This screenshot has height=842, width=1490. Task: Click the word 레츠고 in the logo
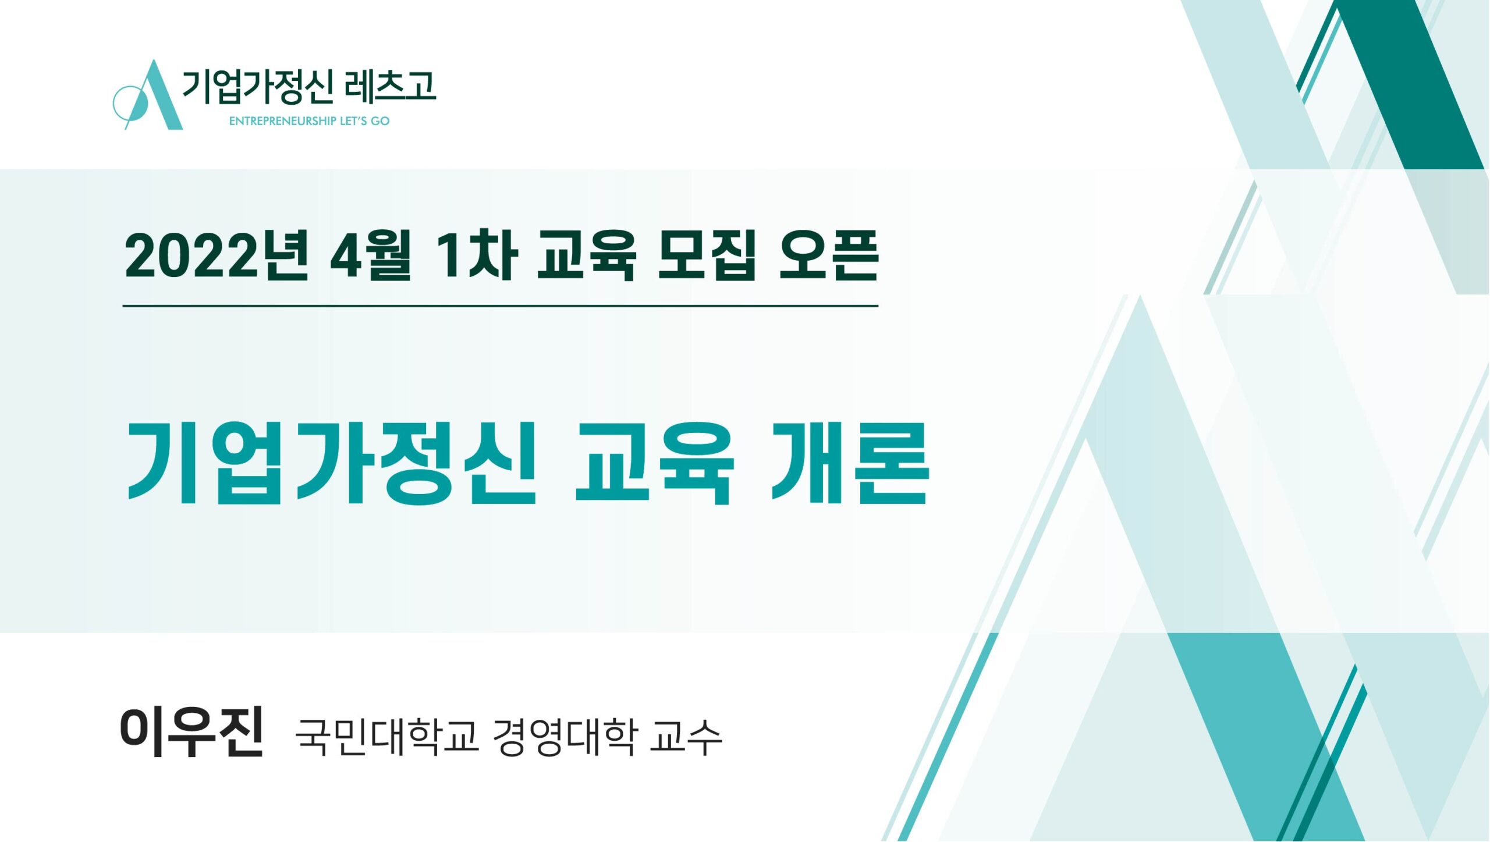pos(389,87)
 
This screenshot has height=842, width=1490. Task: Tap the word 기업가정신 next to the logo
pos(259,87)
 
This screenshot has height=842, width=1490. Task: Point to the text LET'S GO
pos(365,121)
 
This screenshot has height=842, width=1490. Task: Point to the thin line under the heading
pos(500,305)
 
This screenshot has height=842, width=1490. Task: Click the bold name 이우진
pos(192,731)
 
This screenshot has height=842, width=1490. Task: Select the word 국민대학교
pos(387,737)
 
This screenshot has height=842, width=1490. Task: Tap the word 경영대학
pos(564,737)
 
